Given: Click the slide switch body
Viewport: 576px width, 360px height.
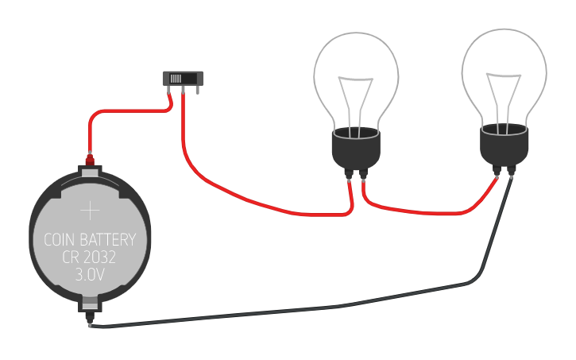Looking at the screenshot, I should coord(184,78).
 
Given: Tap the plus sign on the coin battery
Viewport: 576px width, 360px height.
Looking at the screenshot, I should coord(91,211).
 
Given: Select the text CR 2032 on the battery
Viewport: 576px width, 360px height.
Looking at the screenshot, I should coord(91,257).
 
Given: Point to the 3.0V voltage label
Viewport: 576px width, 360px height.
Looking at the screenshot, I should coord(91,276).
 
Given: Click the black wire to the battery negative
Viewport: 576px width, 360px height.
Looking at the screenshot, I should coord(318,308).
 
